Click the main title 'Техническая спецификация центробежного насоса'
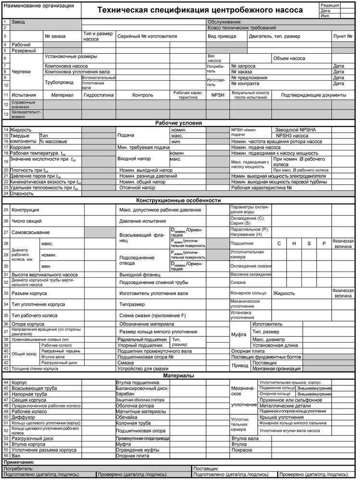point(200,10)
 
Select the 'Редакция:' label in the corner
point(329,5)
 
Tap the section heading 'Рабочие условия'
point(179,123)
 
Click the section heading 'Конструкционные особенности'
point(179,200)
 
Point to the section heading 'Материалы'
point(179,375)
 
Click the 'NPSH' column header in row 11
point(218,95)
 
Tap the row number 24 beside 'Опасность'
point(6,193)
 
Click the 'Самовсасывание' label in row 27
point(32,232)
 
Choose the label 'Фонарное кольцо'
point(248,293)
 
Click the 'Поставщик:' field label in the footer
point(206,468)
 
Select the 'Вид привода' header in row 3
point(222,36)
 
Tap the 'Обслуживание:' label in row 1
point(224,22)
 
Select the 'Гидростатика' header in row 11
point(99,95)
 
